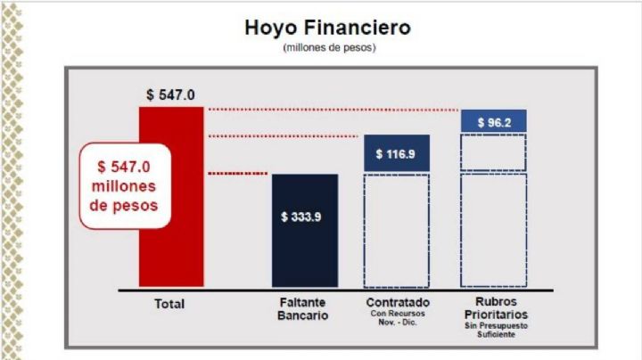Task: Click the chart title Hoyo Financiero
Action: point(327,28)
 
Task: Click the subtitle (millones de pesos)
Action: point(328,47)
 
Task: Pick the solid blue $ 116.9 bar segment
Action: point(397,153)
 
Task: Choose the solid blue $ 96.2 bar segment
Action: point(493,121)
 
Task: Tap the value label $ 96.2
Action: point(493,121)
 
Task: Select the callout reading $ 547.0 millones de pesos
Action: point(126,185)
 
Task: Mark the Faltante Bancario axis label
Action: point(303,309)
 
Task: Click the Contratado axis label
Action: point(396,303)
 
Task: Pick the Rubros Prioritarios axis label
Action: point(495,308)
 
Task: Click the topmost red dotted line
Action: point(333,110)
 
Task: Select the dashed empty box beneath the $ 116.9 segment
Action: point(397,230)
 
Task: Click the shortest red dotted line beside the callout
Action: point(238,172)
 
